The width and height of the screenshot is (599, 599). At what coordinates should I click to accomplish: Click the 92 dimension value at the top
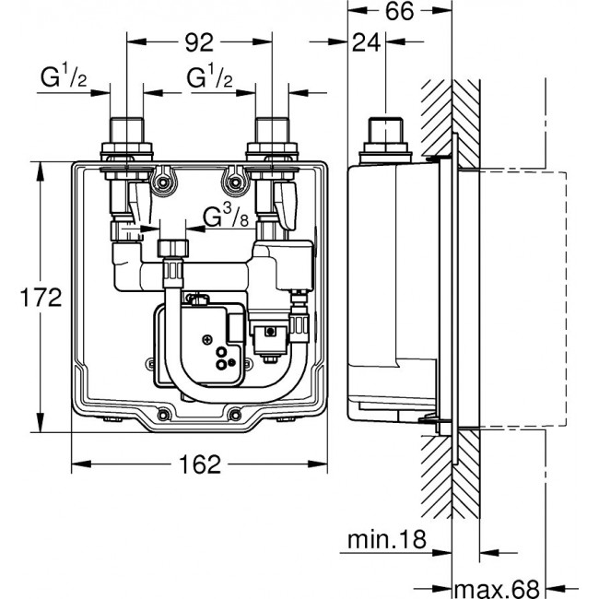click(200, 41)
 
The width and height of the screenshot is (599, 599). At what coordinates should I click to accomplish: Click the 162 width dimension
click(199, 464)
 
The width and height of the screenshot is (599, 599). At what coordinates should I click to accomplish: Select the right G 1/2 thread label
click(209, 78)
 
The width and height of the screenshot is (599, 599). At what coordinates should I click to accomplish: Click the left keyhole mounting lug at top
click(164, 178)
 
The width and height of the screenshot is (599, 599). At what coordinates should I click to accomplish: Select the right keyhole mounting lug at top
click(238, 178)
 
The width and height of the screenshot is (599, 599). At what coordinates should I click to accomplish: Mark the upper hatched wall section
click(451, 120)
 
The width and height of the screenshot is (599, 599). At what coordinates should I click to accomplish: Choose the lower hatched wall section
click(451, 479)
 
